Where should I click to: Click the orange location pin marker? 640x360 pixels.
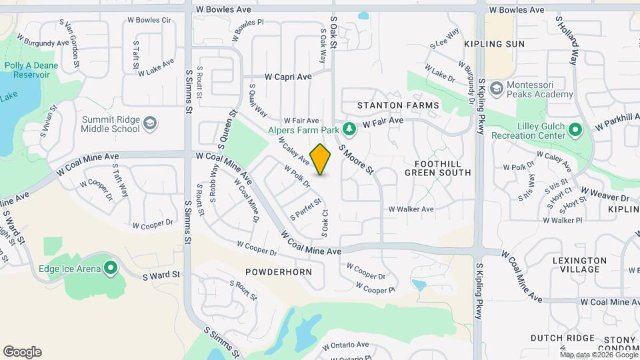pos(321,159)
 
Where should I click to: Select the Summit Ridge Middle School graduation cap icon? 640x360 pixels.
pos(151,123)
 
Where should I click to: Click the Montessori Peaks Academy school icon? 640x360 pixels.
pos(496,89)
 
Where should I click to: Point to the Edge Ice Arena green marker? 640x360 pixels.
pos(110,269)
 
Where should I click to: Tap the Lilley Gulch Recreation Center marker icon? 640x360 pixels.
pos(577,129)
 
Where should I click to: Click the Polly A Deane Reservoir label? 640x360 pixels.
pos(31,70)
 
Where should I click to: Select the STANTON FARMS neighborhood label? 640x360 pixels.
pos(398,105)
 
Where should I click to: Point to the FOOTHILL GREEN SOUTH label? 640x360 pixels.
pos(437,167)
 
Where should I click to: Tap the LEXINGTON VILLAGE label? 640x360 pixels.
pos(579,265)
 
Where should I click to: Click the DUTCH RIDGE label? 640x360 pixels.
pos(562,338)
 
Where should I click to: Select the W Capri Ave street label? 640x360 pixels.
pos(288,77)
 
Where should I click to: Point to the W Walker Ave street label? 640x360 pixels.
pos(411,209)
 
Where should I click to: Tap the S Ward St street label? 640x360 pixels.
pos(161,274)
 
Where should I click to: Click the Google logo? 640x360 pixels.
pos(22,352)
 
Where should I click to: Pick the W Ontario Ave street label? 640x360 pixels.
pos(345,345)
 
